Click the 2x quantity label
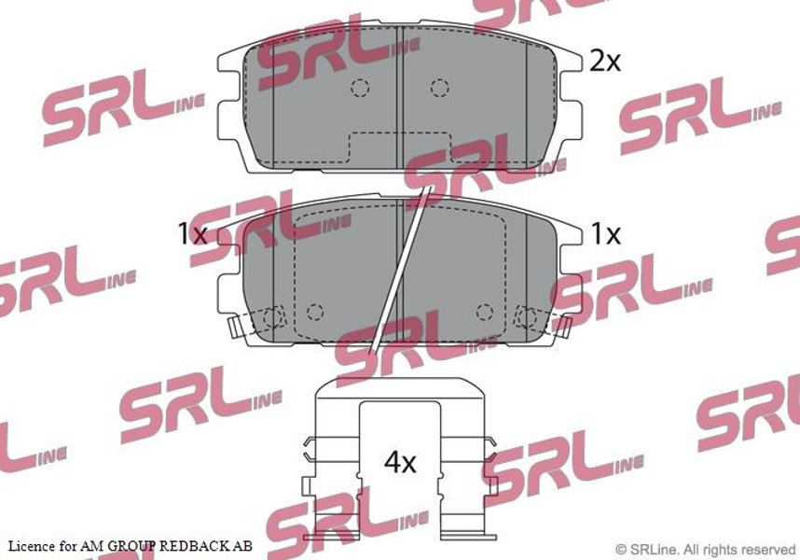604,62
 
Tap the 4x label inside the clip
400,463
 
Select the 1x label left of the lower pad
192,234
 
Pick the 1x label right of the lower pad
606,234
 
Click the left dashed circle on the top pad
360,88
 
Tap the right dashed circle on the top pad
439,88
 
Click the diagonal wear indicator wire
401,269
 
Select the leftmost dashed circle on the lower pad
273,317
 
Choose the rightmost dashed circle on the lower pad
527,317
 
